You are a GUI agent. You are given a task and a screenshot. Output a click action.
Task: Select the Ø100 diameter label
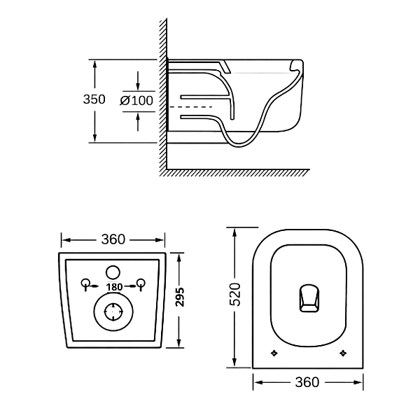click(137, 100)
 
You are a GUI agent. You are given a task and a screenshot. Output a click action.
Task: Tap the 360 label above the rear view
click(113, 239)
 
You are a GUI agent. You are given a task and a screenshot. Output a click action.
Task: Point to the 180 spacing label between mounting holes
click(114, 286)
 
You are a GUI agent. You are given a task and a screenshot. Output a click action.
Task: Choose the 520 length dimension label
click(236, 295)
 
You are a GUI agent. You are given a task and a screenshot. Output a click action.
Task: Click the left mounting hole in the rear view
click(85, 283)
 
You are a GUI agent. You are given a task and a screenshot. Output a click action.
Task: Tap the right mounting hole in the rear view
click(141, 283)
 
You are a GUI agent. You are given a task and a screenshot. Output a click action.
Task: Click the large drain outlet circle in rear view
click(113, 311)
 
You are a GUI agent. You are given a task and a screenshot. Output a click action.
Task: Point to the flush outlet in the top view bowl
click(307, 297)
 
